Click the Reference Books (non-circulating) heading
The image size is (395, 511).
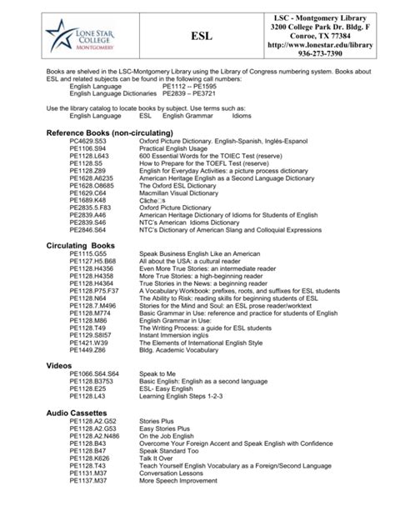tap(121, 133)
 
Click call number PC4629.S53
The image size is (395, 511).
tap(89, 143)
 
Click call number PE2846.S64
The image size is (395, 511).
tap(89, 230)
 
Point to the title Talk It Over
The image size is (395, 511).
tap(158, 457)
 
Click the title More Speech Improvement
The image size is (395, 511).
tap(183, 480)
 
